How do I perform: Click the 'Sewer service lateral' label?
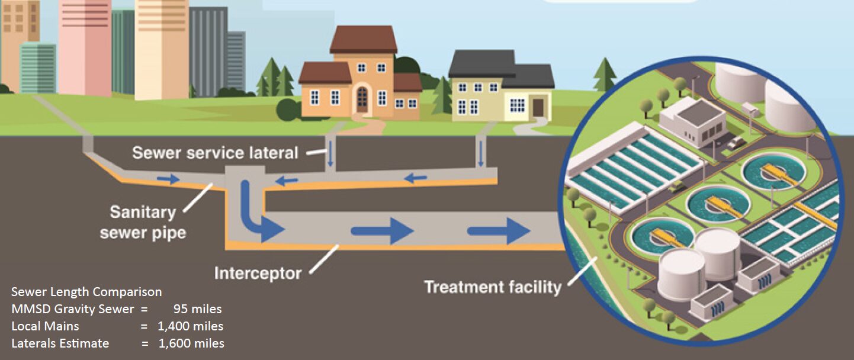tap(215, 153)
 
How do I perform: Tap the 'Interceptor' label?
tap(258, 274)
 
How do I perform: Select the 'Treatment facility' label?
tap(492, 288)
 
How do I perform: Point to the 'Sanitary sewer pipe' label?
tap(143, 222)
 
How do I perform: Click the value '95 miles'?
tap(197, 309)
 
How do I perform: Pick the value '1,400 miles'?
tap(190, 326)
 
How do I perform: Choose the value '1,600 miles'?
tap(190, 343)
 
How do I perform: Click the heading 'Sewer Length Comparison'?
tap(86, 292)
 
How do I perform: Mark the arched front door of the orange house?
tap(361, 99)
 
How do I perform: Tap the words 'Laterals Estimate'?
tap(60, 343)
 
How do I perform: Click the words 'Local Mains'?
tap(45, 326)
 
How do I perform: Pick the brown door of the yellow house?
tap(537, 107)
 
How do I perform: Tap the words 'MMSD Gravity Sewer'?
tap(69, 309)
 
